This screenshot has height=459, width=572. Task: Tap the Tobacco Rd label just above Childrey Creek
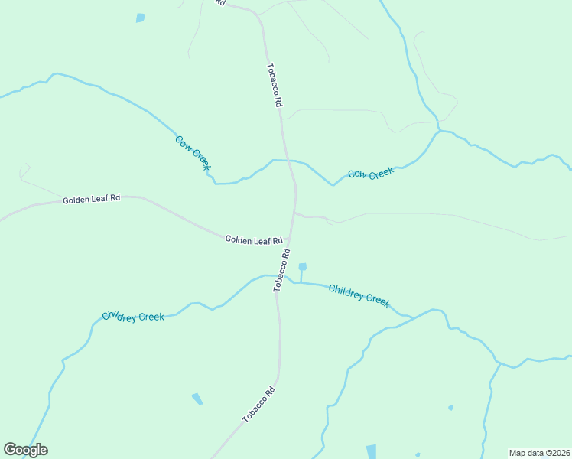(282, 269)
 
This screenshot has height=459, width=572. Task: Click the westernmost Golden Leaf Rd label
(92, 199)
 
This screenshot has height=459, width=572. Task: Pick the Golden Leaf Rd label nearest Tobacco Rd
(254, 240)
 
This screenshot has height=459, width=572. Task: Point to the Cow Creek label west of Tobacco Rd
(193, 152)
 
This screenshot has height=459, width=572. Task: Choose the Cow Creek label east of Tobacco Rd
(371, 174)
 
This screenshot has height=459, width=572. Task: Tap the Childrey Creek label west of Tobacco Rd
(133, 317)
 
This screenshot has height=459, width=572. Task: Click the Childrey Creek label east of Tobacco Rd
(359, 295)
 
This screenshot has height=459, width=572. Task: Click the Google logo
(25, 450)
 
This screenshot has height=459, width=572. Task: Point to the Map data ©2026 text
(539, 453)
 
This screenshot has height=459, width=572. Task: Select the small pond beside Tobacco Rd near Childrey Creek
(303, 267)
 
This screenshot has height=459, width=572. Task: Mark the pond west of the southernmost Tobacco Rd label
(197, 399)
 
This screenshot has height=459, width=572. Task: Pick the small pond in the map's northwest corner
(140, 18)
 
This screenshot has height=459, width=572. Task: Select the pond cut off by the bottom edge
(372, 451)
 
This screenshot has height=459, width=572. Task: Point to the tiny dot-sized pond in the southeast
(450, 408)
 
